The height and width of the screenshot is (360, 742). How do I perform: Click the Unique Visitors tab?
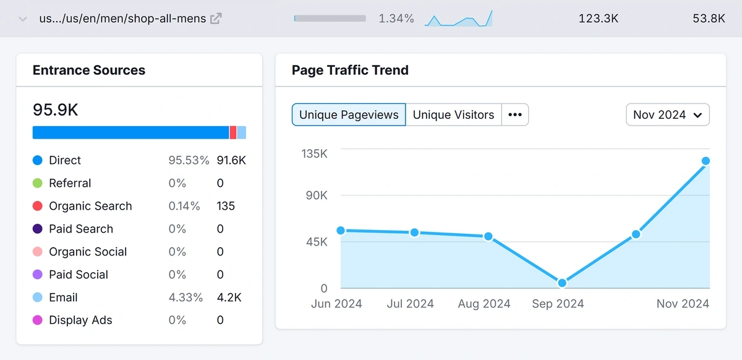coord(453,114)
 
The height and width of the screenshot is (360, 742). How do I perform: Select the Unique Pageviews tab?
coord(349,114)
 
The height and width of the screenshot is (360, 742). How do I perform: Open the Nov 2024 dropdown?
coord(667,114)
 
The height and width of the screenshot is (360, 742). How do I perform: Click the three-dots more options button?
coord(514,114)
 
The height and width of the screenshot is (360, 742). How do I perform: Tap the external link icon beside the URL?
coord(216,19)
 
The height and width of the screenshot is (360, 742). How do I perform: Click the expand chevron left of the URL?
coord(23,19)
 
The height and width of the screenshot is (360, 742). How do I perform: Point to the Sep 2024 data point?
coord(562,283)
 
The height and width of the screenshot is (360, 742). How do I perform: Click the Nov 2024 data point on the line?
coord(706,161)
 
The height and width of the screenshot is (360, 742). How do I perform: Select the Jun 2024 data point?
coord(341,230)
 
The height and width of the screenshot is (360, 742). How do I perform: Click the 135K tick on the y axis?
coord(314,153)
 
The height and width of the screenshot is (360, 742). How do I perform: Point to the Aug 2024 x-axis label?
coord(484,304)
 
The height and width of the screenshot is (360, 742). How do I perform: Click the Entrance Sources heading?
coord(89,70)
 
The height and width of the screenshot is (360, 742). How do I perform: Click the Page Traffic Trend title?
coord(350,70)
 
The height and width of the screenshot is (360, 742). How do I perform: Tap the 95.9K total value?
coord(56,109)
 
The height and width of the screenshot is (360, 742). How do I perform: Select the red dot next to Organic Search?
coord(37,206)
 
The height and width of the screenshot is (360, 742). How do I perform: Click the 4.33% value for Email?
coord(185,298)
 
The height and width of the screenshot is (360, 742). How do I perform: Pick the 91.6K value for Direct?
coord(231,160)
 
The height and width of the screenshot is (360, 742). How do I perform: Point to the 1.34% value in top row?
coord(396,19)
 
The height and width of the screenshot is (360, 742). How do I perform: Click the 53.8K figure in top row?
coord(709,19)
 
